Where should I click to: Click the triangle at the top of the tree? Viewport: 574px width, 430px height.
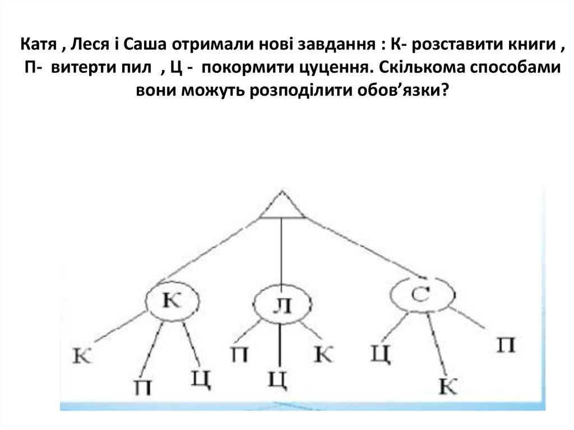click(x=283, y=206)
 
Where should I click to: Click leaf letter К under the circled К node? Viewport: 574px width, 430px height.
click(x=82, y=355)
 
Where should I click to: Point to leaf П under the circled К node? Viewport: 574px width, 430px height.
click(x=142, y=387)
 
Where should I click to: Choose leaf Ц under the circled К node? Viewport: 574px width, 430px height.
click(x=200, y=378)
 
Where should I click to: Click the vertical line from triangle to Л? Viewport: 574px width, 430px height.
click(x=281, y=252)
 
